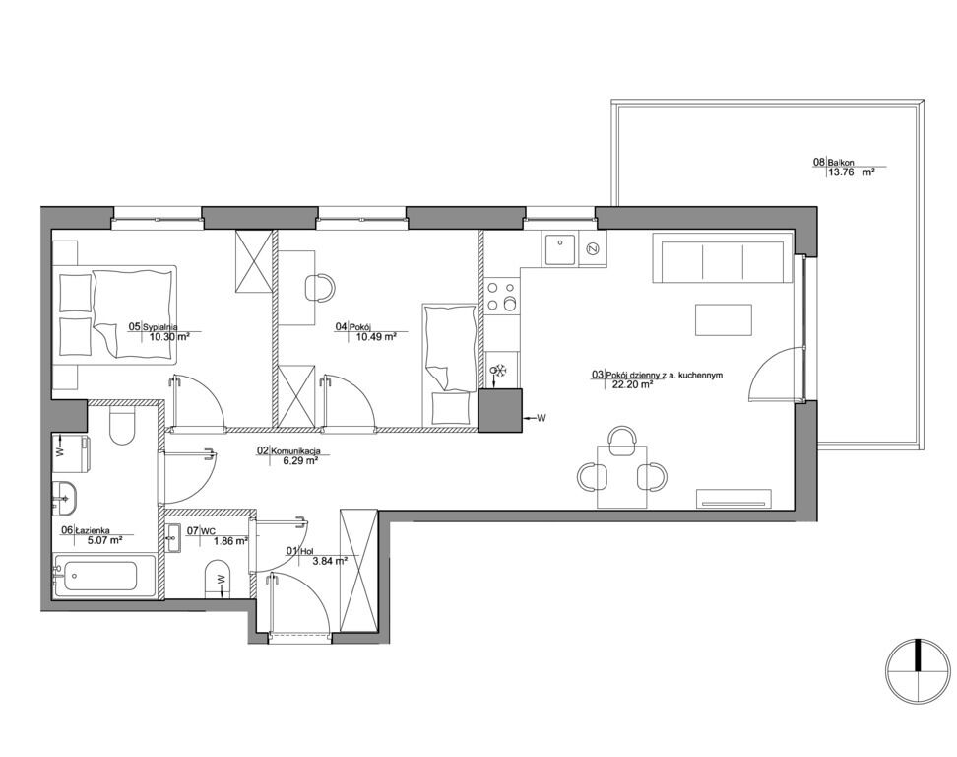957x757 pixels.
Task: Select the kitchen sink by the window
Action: point(560,248)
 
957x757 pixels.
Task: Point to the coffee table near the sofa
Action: point(724,319)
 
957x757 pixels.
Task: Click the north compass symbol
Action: point(918,671)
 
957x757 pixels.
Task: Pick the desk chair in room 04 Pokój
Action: point(319,287)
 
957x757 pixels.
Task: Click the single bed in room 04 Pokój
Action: point(449,365)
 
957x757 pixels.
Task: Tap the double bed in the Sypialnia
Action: point(115,313)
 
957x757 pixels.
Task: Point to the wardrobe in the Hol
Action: point(358,570)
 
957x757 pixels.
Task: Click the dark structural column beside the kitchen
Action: point(500,411)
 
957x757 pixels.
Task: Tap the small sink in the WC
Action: point(173,538)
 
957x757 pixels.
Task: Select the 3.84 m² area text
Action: point(330,560)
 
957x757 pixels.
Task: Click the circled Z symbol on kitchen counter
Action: point(592,248)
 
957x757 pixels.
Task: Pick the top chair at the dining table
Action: point(622,441)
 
